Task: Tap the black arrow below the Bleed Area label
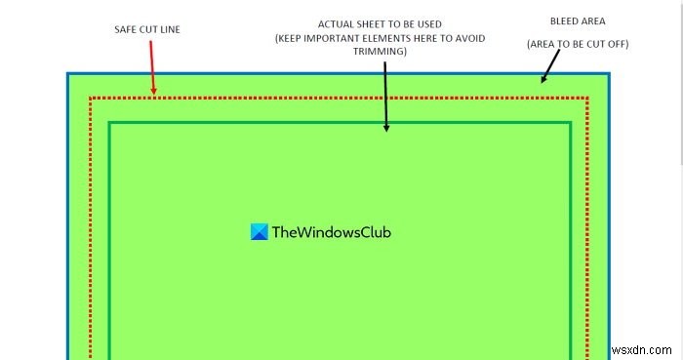[550, 66]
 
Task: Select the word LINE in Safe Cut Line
[171, 29]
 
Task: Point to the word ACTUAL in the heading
[336, 22]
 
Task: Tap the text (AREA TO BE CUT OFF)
[577, 44]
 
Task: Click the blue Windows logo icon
[259, 232]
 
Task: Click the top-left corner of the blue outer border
[68, 74]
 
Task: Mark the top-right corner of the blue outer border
[609, 74]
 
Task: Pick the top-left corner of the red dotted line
[90, 98]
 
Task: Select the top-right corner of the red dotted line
[588, 98]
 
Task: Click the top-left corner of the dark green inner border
[110, 123]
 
